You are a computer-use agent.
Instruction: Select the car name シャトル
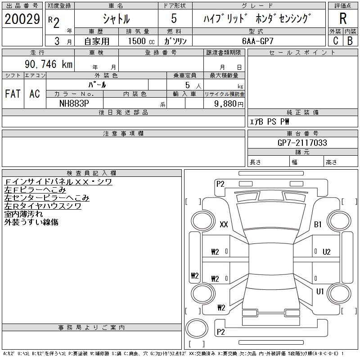tap(116, 19)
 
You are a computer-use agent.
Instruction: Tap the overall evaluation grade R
tap(343, 19)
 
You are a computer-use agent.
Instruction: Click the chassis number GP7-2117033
tap(302, 143)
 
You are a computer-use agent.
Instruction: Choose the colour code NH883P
tap(75, 103)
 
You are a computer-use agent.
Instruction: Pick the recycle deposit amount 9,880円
tap(224, 103)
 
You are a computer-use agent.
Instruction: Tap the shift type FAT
tap(13, 94)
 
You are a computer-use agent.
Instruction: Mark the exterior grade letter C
tap(335, 40)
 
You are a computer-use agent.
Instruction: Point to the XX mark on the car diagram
tap(224, 225)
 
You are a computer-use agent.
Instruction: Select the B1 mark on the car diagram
tap(318, 225)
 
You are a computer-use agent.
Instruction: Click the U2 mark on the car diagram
tap(326, 252)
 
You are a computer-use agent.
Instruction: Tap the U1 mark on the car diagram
tap(320, 292)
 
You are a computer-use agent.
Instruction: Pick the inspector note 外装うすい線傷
tap(31, 222)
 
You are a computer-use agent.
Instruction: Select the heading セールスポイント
tap(302, 53)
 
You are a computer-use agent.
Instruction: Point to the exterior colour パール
tap(97, 84)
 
